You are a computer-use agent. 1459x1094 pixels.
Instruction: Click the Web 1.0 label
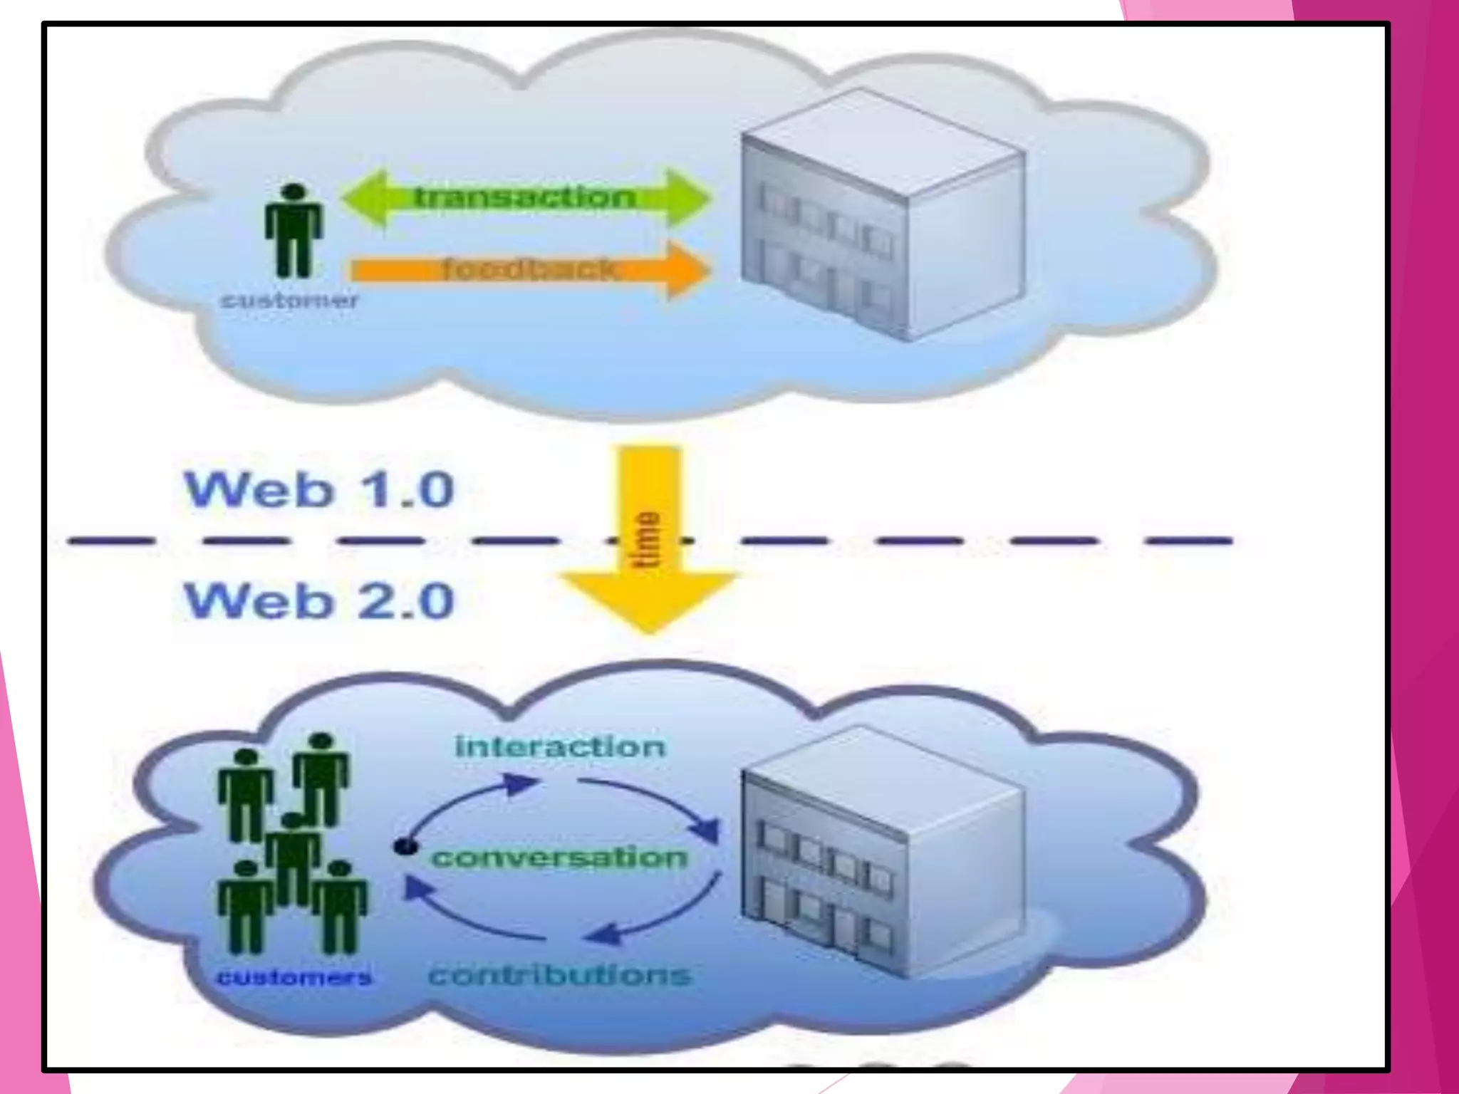(x=318, y=489)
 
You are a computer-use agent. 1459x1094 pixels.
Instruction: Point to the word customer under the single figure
(x=289, y=300)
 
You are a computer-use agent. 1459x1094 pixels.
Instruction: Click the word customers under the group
(x=294, y=976)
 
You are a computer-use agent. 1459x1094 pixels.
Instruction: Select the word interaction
(x=560, y=746)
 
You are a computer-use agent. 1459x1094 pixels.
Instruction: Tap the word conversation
(x=560, y=857)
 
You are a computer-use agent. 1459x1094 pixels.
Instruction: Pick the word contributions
(x=560, y=974)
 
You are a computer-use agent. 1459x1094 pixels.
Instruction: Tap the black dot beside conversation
(x=405, y=846)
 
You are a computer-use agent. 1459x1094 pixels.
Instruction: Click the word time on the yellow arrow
(x=647, y=539)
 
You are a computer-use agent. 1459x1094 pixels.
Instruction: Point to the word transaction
(x=526, y=197)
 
